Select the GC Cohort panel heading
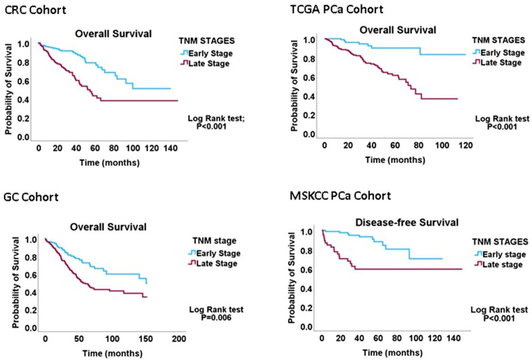(31, 198)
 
